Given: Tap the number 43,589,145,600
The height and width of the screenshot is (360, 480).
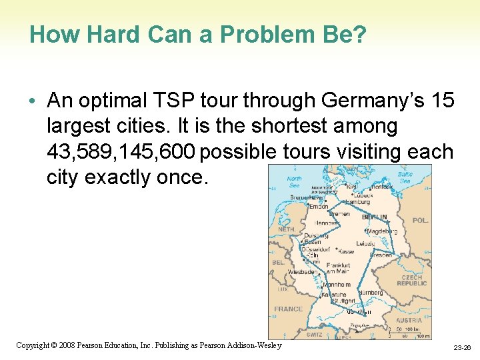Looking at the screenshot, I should tap(121, 153).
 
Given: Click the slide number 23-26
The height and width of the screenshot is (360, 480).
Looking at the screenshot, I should tap(462, 348).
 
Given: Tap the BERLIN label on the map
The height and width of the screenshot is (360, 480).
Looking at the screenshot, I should tap(374, 217).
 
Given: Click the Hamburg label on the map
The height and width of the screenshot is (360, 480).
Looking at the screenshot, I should tap(357, 201).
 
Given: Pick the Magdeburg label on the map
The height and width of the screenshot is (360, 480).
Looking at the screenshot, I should tap(383, 231).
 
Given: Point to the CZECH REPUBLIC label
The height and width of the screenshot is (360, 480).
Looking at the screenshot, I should tap(411, 281).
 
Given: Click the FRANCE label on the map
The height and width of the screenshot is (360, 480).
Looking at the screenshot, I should tap(288, 309).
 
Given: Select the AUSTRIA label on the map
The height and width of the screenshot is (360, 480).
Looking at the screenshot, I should tap(408, 320).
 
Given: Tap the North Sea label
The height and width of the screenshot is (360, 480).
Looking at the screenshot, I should tap(294, 182).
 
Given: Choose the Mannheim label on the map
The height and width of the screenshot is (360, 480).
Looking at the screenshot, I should tap(337, 284).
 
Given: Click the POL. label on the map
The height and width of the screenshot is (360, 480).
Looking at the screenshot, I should tap(420, 220).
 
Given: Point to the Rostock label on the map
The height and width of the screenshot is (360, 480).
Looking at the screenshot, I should tap(382, 187).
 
